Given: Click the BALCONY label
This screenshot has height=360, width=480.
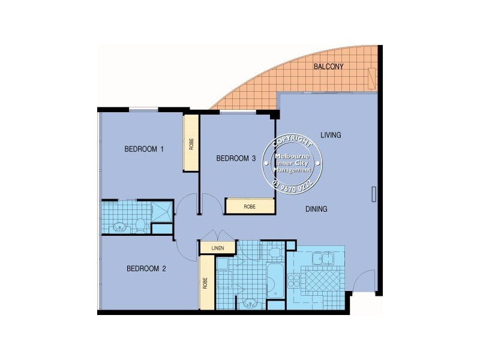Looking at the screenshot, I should [x=328, y=67].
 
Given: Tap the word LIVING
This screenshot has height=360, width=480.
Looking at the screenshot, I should [x=330, y=135].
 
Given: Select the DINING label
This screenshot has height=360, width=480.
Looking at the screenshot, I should [x=316, y=209].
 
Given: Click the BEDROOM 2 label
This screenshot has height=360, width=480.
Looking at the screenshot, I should [x=146, y=269].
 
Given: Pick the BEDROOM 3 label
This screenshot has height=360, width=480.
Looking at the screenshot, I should [x=236, y=158].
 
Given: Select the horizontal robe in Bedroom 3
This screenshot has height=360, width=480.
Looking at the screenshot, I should [x=250, y=206].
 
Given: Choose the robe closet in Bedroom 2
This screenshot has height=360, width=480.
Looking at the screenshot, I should [x=206, y=282].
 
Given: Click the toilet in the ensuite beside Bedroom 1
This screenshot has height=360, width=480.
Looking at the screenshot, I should [x=140, y=224].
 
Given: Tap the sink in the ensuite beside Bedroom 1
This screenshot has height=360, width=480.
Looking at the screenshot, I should [x=119, y=226].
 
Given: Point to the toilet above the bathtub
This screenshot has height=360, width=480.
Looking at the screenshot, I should [x=275, y=251].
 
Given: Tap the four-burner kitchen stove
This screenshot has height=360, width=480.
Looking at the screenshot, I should [x=295, y=281].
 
